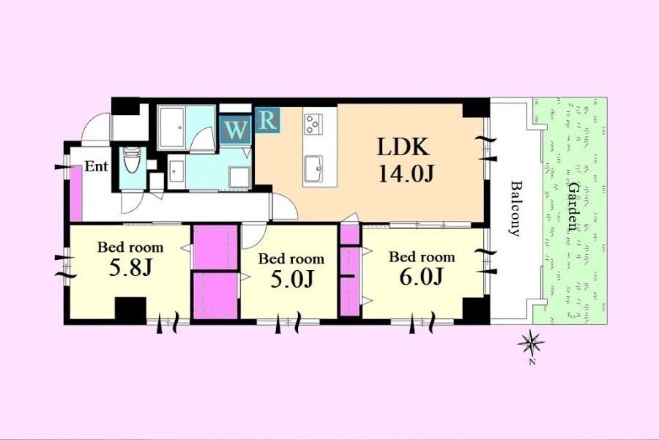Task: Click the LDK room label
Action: [403, 147]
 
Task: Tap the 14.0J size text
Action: [406, 174]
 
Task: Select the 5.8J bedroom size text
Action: [130, 268]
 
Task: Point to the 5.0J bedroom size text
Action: [291, 279]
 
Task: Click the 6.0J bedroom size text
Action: [421, 276]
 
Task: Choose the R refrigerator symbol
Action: [267, 120]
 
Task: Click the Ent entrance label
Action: [96, 166]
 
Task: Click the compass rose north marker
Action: [532, 344]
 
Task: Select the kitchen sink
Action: [313, 169]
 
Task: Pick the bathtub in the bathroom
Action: [171, 127]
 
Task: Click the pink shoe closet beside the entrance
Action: [75, 193]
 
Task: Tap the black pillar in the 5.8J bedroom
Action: [130, 310]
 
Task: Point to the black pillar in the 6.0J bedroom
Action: [476, 310]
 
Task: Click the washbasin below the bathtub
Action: [176, 172]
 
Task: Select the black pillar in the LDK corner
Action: [476, 108]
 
